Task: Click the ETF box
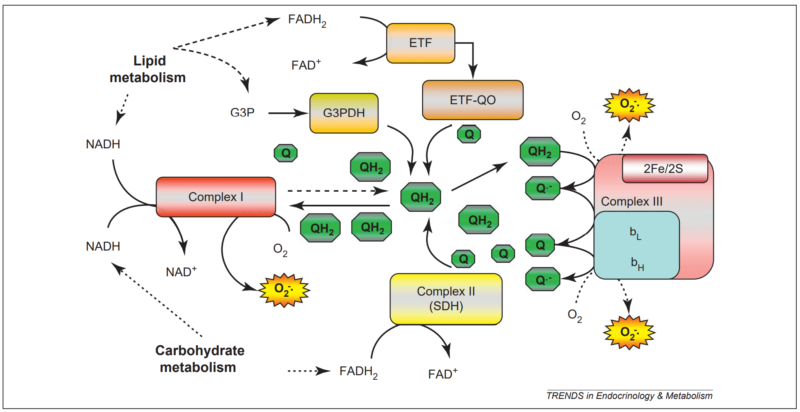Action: click(420, 43)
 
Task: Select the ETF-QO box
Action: click(473, 100)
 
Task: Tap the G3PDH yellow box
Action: click(344, 113)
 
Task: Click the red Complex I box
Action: click(216, 197)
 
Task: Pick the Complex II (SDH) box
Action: click(446, 299)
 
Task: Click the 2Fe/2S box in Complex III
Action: click(665, 168)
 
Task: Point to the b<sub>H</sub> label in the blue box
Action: click(637, 264)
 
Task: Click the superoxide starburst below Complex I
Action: click(284, 290)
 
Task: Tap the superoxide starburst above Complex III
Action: click(629, 105)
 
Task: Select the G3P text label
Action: click(242, 112)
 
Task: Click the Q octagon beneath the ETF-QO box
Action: click(469, 134)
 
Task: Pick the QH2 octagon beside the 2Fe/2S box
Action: click(540, 152)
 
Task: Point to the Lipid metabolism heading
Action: click(148, 69)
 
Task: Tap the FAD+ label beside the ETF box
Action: click(306, 65)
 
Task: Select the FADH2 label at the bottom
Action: click(358, 372)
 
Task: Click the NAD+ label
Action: click(181, 272)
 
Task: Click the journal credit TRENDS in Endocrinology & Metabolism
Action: click(629, 396)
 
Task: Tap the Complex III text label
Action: click(632, 202)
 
